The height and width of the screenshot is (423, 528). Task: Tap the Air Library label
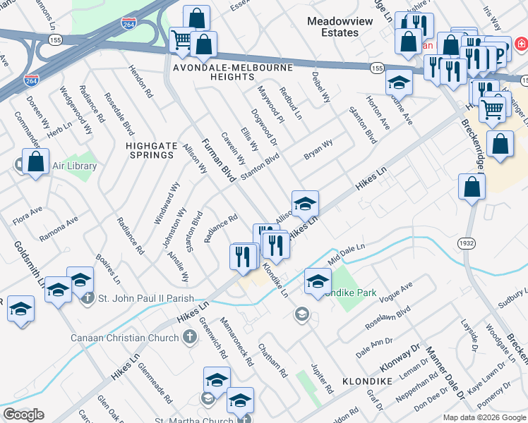[73, 166]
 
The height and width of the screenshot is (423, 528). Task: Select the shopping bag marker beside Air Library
[35, 161]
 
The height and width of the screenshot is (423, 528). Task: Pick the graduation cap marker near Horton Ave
[399, 82]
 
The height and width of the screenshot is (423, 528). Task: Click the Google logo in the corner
[23, 415]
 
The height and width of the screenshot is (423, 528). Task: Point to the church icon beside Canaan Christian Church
[188, 338]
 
